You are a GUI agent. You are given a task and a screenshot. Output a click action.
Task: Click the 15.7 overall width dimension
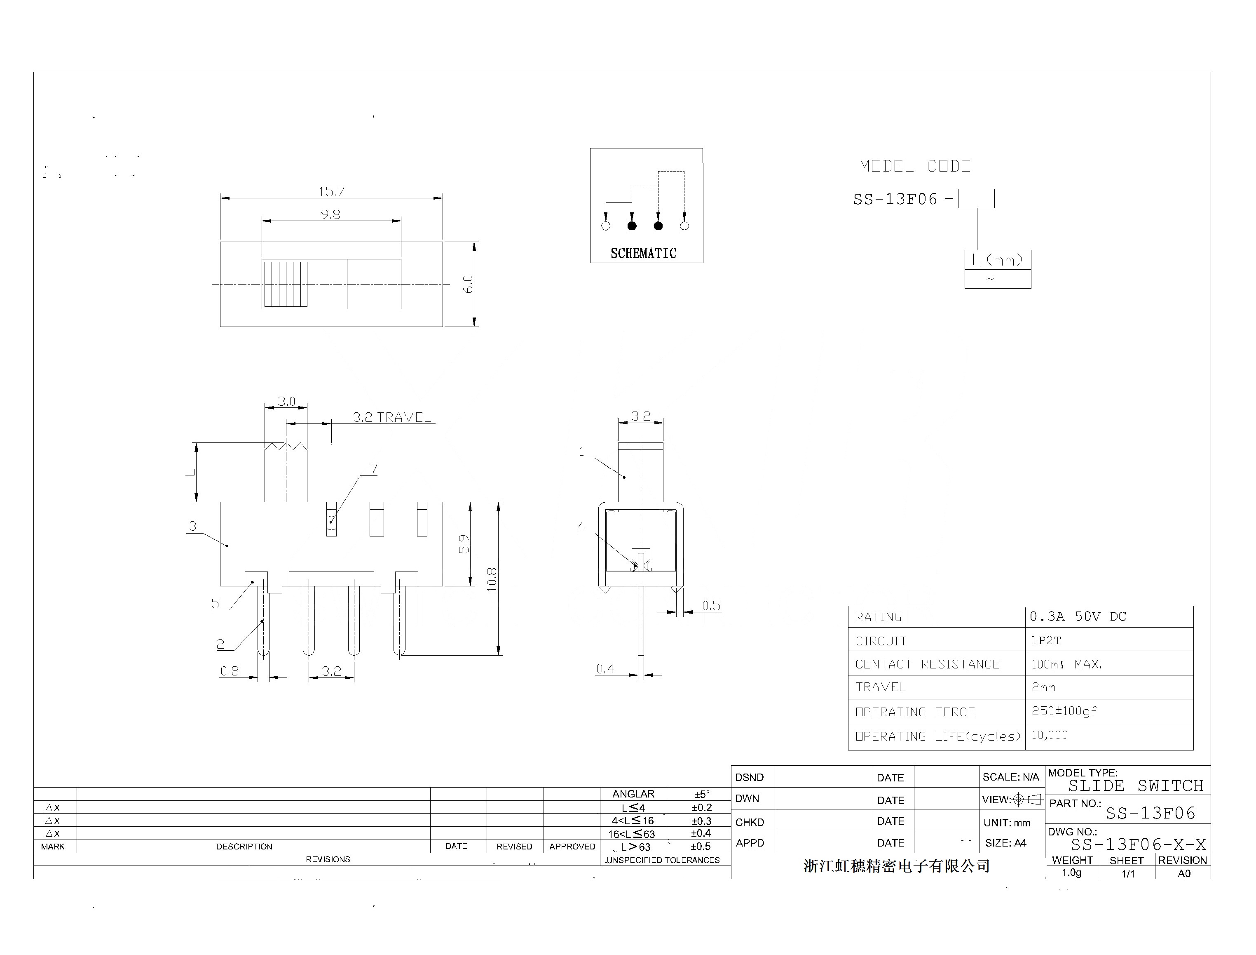pyautogui.click(x=331, y=192)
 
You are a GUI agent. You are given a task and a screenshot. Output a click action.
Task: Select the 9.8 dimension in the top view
pyautogui.click(x=330, y=214)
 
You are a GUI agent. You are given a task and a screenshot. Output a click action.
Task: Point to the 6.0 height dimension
pyautogui.click(x=468, y=284)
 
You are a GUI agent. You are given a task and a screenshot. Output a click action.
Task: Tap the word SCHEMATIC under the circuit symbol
pyautogui.click(x=643, y=254)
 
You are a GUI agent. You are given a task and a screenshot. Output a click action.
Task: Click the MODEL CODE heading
pyautogui.click(x=914, y=167)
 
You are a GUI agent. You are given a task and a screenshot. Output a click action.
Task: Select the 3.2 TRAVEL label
pyautogui.click(x=391, y=417)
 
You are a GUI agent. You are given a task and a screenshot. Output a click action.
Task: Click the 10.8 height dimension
pyautogui.click(x=492, y=579)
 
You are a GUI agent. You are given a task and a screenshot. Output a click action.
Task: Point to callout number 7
pyautogui.click(x=374, y=469)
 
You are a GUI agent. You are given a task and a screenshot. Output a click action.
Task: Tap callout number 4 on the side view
pyautogui.click(x=581, y=527)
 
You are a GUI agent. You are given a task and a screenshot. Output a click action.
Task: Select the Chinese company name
pyautogui.click(x=896, y=866)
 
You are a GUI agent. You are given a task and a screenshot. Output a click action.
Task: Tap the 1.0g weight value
pyautogui.click(x=1071, y=873)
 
